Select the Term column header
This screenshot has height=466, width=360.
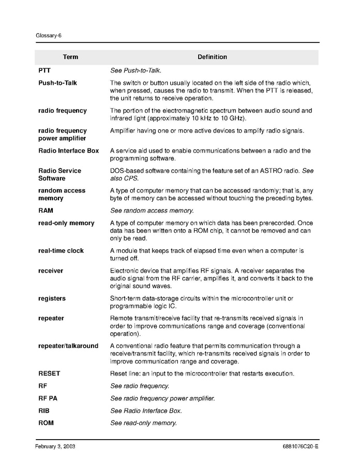click(x=70, y=57)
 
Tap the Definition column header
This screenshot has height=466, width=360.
click(x=212, y=57)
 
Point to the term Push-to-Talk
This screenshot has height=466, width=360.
click(x=57, y=83)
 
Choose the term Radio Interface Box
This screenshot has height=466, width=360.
click(x=68, y=151)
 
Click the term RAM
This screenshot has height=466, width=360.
click(x=46, y=211)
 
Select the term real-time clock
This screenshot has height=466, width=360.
click(x=61, y=250)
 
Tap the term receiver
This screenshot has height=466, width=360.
click(x=51, y=270)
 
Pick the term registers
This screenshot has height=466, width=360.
click(x=52, y=298)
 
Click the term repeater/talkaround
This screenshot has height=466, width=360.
click(x=68, y=345)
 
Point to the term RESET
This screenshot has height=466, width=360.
click(x=50, y=373)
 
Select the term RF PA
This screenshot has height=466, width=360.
click(x=48, y=398)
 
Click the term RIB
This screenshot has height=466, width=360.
click(x=44, y=411)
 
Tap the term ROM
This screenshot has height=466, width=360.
click(x=46, y=423)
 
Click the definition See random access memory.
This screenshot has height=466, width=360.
click(x=152, y=211)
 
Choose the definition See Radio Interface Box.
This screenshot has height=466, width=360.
click(x=146, y=411)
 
